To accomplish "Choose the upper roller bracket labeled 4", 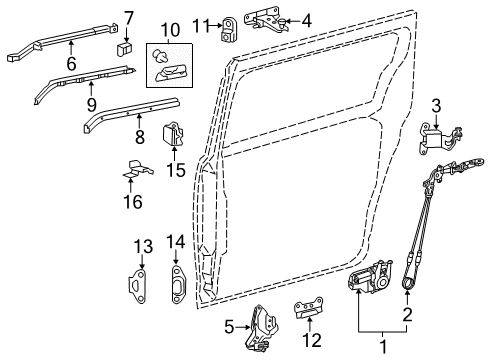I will click(265, 19).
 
